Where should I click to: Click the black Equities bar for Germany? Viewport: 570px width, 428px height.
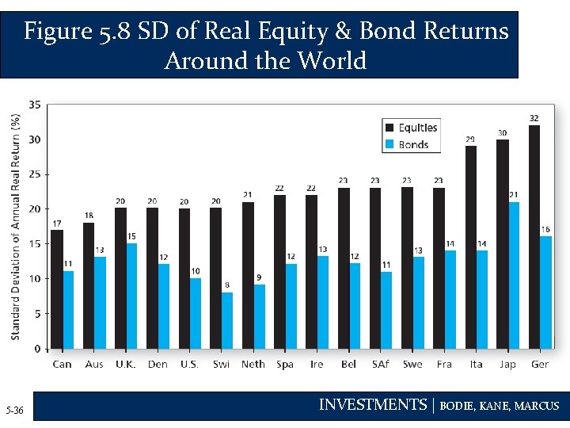(534, 237)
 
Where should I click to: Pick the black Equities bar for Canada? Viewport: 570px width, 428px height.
(57, 289)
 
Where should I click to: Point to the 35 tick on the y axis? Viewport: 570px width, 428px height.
(36, 105)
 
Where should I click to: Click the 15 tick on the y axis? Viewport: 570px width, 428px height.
(36, 244)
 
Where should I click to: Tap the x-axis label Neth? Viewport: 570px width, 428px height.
(253, 365)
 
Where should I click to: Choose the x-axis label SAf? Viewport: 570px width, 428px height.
(380, 365)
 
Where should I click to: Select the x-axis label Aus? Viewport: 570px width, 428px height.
(94, 365)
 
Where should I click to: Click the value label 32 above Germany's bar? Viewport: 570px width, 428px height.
(534, 118)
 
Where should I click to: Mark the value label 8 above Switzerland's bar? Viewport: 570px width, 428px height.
(227, 285)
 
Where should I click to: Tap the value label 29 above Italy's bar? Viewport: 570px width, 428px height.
(470, 139)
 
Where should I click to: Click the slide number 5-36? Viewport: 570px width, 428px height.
(14, 410)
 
